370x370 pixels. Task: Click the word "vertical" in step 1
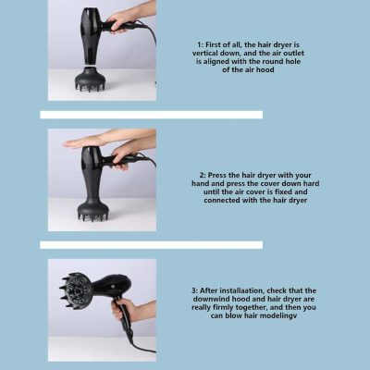[204, 54]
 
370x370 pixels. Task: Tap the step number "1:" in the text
[200, 45]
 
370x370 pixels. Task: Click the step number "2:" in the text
[203, 175]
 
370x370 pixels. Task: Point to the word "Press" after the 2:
[216, 175]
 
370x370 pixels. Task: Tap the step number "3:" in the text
[194, 290]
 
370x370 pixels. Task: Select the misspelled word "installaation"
[242, 290]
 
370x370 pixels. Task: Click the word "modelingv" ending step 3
[281, 316]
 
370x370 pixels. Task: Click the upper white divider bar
[152, 115]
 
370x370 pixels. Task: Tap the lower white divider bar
[152, 245]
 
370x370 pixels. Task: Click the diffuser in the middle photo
[92, 208]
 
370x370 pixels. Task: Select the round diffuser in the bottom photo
[76, 290]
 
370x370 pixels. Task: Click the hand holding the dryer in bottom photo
[123, 308]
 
